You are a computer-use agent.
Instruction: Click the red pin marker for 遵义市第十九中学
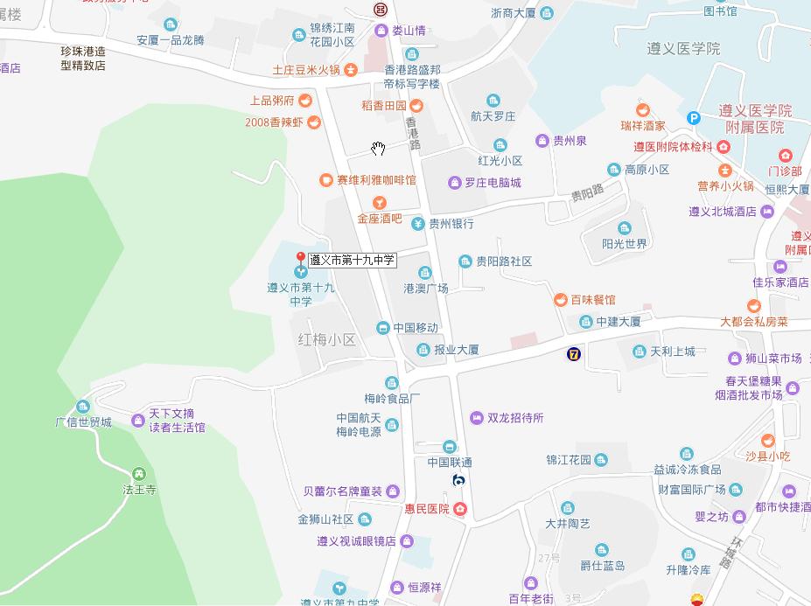pos(300,259)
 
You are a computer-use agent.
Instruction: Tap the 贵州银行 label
pos(451,224)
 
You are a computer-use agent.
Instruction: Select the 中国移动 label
pos(415,328)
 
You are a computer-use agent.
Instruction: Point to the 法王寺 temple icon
pos(138,473)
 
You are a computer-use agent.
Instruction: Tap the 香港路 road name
pos(415,132)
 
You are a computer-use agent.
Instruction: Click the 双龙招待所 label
pos(515,418)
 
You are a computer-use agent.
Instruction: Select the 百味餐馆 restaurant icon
pos(559,300)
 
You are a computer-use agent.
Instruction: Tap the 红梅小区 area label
pos(327,339)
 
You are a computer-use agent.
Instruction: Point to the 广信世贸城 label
pos(84,422)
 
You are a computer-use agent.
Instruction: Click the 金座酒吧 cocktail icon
pos(379,203)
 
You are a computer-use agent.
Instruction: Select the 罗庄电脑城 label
pos(492,183)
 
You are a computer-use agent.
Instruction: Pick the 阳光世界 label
pos(625,244)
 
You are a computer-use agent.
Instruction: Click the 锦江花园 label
pos(569,459)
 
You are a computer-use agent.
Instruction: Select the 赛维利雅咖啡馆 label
pos(376,180)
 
